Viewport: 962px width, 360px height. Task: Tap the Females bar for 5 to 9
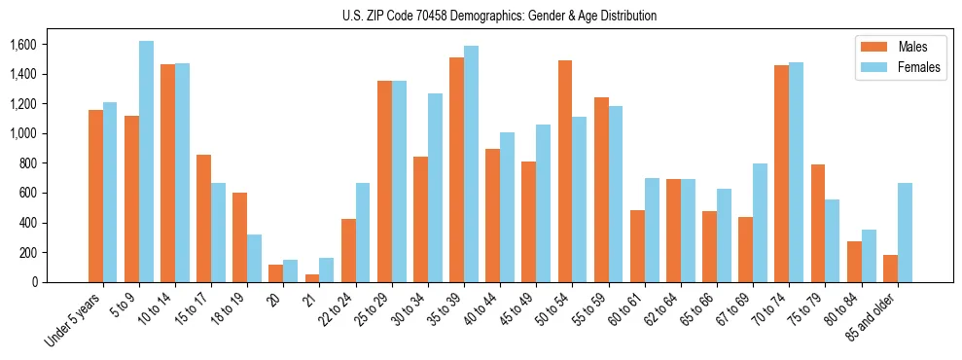[x=146, y=162]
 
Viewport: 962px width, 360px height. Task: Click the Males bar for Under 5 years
[x=95, y=196]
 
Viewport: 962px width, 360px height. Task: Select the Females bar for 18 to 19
[x=254, y=258]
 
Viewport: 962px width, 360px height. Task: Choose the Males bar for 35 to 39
[x=456, y=169]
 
